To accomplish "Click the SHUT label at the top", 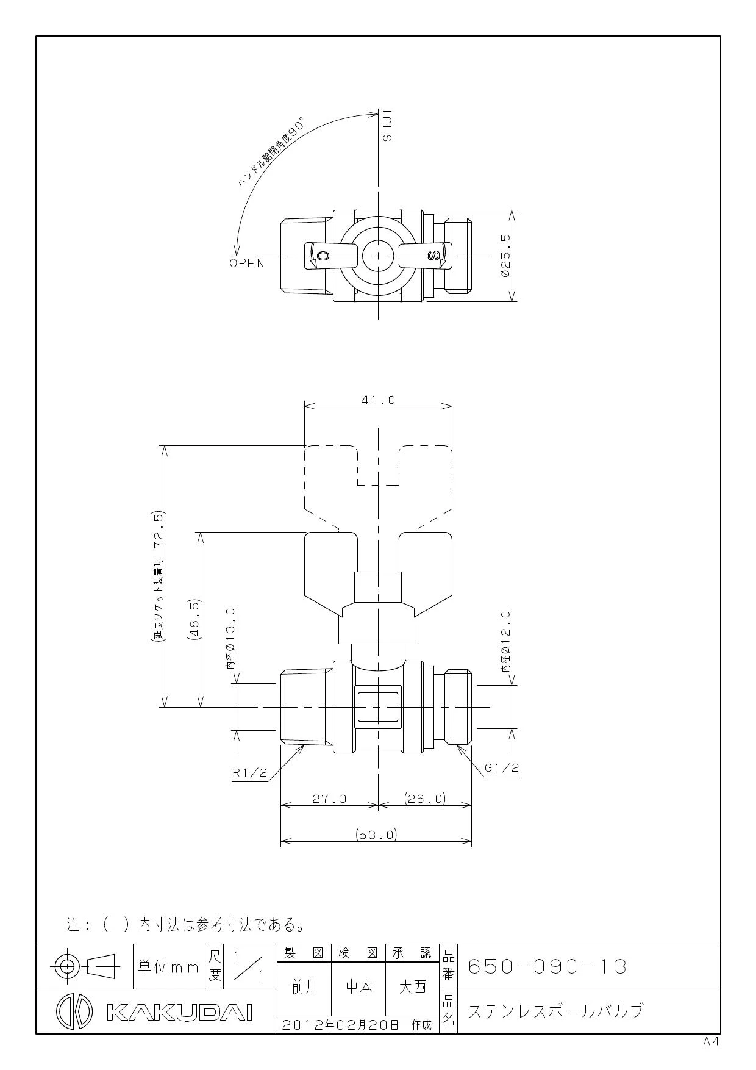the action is tap(388, 126).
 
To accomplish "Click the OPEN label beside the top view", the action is tap(248, 264).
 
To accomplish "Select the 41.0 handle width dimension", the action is tap(378, 400).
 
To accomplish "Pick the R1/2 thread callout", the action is tap(250, 772).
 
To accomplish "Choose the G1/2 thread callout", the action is tap(502, 767).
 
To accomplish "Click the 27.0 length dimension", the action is tap(329, 799).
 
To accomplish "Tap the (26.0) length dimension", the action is tap(425, 799).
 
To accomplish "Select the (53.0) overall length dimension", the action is tap(376, 835).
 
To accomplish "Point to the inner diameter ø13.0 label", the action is tap(230, 639).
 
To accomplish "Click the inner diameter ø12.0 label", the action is tap(505, 641).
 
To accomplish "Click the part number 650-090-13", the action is tap(547, 967).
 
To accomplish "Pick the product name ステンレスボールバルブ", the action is tap(555, 1011).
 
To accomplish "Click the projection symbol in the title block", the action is tap(84, 966).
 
